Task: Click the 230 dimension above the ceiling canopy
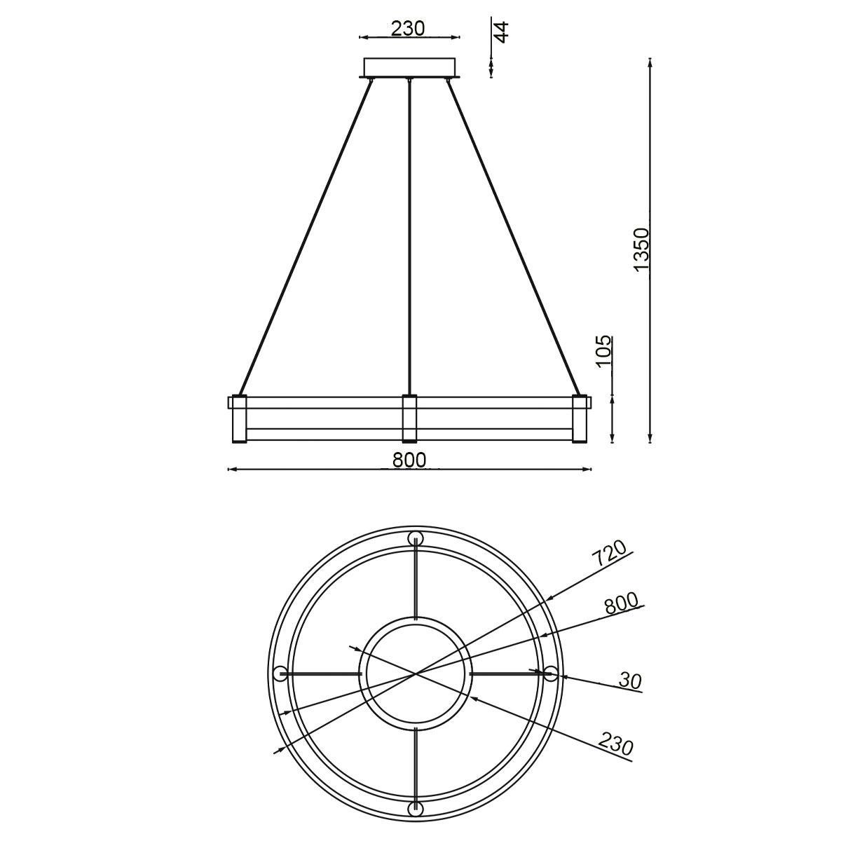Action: pyautogui.click(x=407, y=29)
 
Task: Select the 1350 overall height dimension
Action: pyautogui.click(x=641, y=249)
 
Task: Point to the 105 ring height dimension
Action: pyautogui.click(x=604, y=351)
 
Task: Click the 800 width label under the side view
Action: pyautogui.click(x=409, y=460)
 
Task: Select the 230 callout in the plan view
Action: pyautogui.click(x=615, y=744)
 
